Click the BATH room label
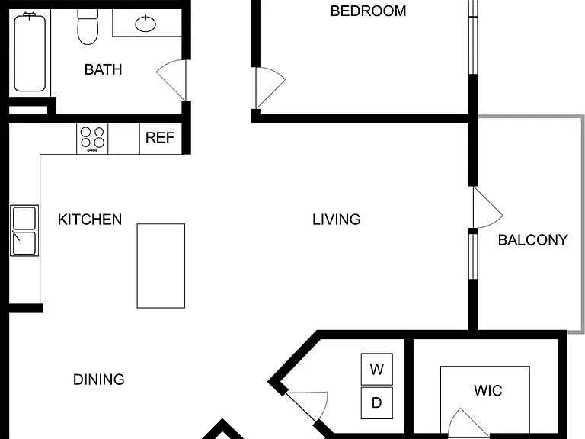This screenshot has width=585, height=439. (x=104, y=70)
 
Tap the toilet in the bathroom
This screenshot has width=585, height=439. (x=88, y=27)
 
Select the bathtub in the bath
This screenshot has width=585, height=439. (x=30, y=53)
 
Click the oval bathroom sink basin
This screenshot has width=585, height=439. (x=145, y=24)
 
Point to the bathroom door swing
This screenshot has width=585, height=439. (x=170, y=79)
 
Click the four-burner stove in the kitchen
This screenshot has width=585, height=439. (x=92, y=139)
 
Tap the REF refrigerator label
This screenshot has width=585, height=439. (x=160, y=138)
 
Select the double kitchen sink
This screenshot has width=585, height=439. (x=24, y=230)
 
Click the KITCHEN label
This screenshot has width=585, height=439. (x=90, y=219)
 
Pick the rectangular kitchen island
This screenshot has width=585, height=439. (x=161, y=266)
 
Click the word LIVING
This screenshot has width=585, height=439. (x=337, y=219)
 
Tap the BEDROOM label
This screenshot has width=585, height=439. (x=368, y=11)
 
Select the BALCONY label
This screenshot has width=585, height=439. (x=533, y=240)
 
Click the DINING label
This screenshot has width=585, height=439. (x=99, y=380)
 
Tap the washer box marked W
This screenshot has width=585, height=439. (x=377, y=369)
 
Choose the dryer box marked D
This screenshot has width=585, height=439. (x=377, y=402)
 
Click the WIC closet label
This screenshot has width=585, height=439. (x=488, y=391)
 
